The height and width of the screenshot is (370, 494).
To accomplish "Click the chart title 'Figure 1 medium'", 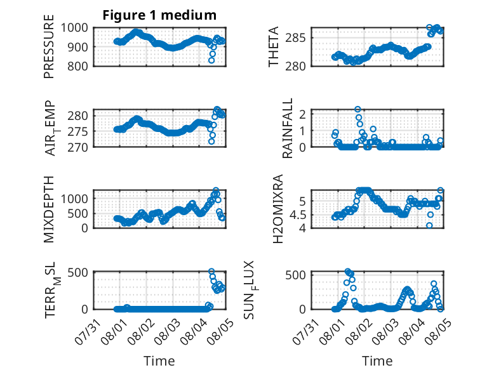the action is (x=159, y=15).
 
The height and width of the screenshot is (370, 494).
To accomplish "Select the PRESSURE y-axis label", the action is (x=49, y=46).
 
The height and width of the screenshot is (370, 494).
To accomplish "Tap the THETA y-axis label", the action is (x=274, y=46).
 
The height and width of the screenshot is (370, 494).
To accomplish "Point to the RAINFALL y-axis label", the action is (x=288, y=128).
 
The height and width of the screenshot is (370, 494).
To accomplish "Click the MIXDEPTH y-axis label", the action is (x=49, y=209).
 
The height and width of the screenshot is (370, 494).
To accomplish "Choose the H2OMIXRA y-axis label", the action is (x=277, y=209).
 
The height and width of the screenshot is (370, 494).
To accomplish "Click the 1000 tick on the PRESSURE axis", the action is (x=74, y=28).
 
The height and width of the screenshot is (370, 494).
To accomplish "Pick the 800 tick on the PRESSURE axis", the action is (x=78, y=66).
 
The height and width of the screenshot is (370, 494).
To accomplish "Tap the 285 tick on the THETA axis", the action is (x=295, y=38).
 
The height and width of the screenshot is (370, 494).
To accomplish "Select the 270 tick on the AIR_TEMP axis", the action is (x=78, y=147).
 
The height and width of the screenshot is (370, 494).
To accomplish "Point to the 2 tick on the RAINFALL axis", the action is (x=303, y=114).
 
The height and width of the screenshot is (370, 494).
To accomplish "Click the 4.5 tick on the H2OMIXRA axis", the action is (x=298, y=215).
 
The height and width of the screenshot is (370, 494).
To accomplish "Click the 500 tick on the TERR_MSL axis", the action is (x=78, y=272).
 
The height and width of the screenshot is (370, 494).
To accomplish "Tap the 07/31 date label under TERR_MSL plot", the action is (x=88, y=332).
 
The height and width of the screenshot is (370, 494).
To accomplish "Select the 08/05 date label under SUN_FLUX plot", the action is (x=437, y=332).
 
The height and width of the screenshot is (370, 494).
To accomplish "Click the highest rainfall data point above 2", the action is (x=357, y=109).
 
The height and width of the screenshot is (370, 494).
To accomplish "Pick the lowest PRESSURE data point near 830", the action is (x=211, y=60).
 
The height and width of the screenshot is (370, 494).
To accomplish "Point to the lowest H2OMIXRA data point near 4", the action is (x=429, y=225).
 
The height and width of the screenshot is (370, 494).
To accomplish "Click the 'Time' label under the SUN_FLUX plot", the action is (x=377, y=360).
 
